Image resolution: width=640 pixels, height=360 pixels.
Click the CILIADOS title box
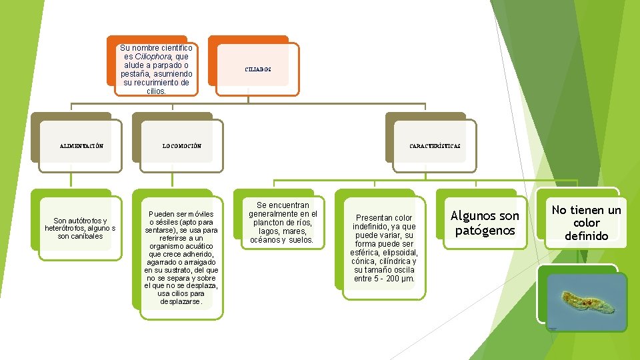click(257, 69)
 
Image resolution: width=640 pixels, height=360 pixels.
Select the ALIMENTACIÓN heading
click(81, 146)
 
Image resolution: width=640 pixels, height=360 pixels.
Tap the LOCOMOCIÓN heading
click(182, 146)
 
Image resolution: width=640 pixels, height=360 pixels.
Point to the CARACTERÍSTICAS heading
click(435, 146)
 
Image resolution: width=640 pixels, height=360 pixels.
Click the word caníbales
click(89, 236)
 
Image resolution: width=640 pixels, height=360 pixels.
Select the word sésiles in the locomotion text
click(170, 222)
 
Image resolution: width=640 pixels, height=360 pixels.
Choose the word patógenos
click(485, 231)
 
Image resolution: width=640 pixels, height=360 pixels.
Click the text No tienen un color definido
click(586, 223)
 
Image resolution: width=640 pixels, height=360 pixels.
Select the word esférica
click(367, 253)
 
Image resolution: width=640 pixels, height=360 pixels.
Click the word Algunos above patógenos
click(473, 216)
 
